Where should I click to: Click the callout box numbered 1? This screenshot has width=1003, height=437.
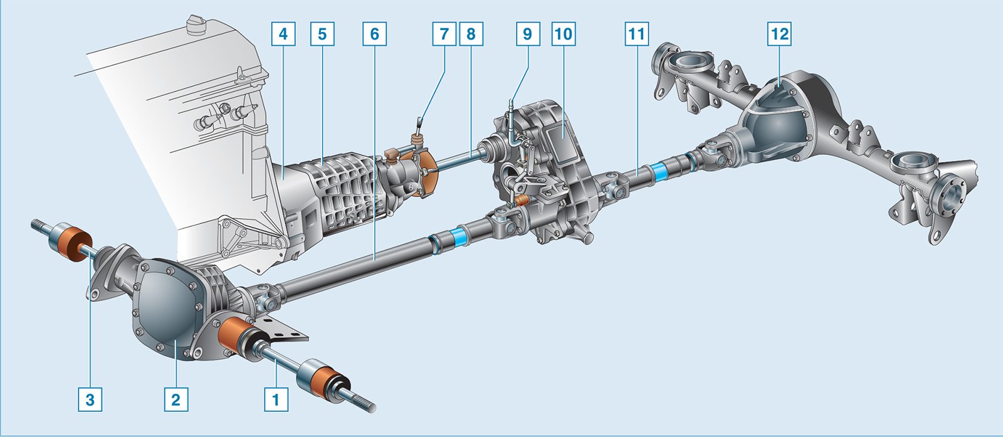tap(276, 399)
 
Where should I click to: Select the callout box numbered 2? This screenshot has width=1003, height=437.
tap(176, 399)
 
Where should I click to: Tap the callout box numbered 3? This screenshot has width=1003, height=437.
tap(90, 399)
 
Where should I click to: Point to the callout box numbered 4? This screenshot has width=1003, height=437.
tap(283, 34)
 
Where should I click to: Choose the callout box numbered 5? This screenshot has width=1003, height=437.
tap(322, 34)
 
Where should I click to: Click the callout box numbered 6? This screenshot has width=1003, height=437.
tap(374, 34)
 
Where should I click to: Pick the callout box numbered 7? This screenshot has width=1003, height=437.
tap(444, 34)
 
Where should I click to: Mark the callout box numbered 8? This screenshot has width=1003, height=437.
tap(471, 34)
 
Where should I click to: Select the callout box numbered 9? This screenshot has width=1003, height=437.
tap(528, 34)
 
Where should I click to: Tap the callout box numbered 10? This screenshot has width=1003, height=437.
tap(564, 34)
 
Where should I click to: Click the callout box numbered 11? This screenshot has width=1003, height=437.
tap(636, 34)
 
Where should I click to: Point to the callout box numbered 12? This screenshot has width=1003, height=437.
tap(780, 34)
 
